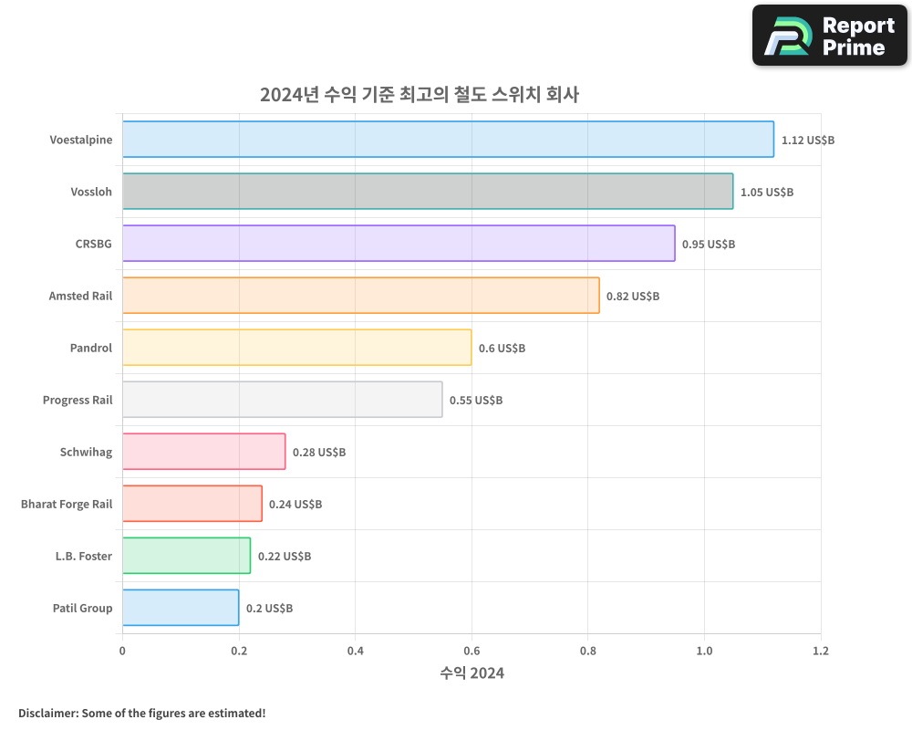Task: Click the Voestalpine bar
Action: [448, 140]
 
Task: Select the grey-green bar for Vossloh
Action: [428, 192]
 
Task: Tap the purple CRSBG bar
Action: [399, 244]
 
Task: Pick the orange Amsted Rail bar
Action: [360, 296]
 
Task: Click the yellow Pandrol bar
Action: [296, 348]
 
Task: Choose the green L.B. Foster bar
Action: [186, 556]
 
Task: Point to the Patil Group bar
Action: [181, 608]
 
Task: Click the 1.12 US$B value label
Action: [808, 141]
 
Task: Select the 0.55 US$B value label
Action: [475, 401]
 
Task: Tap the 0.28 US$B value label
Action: [318, 453]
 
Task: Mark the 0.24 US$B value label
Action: [295, 505]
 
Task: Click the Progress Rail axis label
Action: [78, 400]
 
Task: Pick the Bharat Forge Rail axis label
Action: [67, 504]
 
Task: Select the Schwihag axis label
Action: [86, 452]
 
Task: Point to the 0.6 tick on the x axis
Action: [472, 652]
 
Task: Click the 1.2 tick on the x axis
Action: [821, 652]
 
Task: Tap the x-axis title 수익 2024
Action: [472, 673]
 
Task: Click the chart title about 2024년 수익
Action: [420, 95]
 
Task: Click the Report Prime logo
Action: [830, 36]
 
